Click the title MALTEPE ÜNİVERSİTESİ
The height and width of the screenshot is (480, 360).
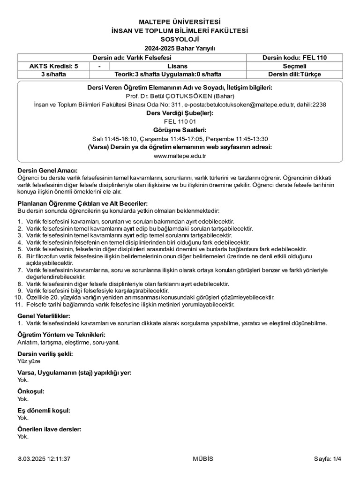tap(180, 22)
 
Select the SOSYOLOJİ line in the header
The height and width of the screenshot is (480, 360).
tap(180, 40)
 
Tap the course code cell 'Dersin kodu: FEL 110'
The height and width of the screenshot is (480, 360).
tap(294, 58)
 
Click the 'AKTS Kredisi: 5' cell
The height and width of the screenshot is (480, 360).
tap(53, 66)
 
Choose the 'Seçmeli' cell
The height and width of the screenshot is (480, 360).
tap(294, 66)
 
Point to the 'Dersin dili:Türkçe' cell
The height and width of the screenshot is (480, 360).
tap(294, 74)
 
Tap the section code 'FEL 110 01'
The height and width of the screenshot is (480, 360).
tap(180, 121)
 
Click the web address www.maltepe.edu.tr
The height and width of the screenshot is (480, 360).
tap(180, 155)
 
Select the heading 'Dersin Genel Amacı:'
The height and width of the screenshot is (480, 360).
tap(47, 170)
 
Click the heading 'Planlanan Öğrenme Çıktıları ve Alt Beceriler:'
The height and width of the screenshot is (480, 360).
tap(82, 203)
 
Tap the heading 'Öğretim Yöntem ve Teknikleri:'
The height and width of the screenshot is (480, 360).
tap(61, 335)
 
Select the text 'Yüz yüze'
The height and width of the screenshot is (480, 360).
tap(29, 361)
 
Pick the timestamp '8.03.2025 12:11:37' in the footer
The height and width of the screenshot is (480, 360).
tap(45, 459)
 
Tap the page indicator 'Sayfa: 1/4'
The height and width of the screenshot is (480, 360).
tap(328, 459)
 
